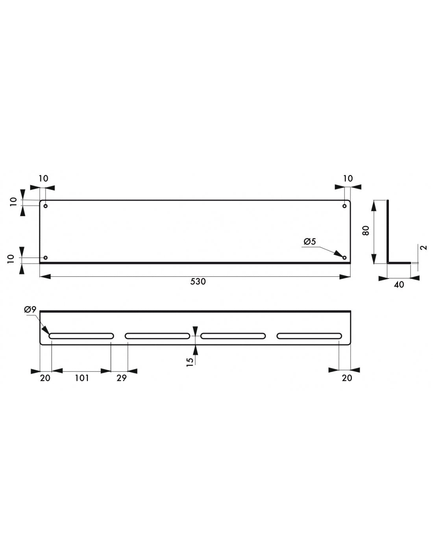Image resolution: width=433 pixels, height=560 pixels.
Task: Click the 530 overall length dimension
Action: click(x=198, y=282)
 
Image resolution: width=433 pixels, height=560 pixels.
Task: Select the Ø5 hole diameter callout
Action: click(x=310, y=242)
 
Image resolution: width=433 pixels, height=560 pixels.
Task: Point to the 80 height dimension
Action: click(x=366, y=231)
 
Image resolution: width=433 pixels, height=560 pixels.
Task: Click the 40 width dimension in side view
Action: click(x=399, y=284)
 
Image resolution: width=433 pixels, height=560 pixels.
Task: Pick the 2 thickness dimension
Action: click(x=423, y=248)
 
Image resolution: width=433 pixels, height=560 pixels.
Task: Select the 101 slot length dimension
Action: click(x=81, y=378)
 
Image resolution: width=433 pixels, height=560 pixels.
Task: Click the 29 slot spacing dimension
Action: click(x=122, y=378)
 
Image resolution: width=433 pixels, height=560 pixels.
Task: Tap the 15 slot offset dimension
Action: click(x=190, y=360)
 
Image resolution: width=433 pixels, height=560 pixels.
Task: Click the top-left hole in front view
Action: click(x=46, y=206)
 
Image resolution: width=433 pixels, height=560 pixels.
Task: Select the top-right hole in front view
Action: click(x=345, y=206)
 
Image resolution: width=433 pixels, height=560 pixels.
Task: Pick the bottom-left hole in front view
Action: click(x=46, y=258)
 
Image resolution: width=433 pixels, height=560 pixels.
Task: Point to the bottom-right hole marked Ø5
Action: click(x=345, y=258)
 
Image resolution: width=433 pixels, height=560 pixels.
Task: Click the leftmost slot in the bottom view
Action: click(x=81, y=336)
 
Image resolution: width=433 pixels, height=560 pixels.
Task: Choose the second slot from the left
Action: click(x=157, y=336)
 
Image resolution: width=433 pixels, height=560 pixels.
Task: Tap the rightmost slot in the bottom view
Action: click(x=309, y=336)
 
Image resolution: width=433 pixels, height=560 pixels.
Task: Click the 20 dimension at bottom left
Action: click(x=45, y=378)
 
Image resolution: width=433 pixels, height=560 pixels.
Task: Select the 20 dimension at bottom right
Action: click(x=347, y=378)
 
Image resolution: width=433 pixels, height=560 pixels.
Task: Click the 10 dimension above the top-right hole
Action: click(x=348, y=178)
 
